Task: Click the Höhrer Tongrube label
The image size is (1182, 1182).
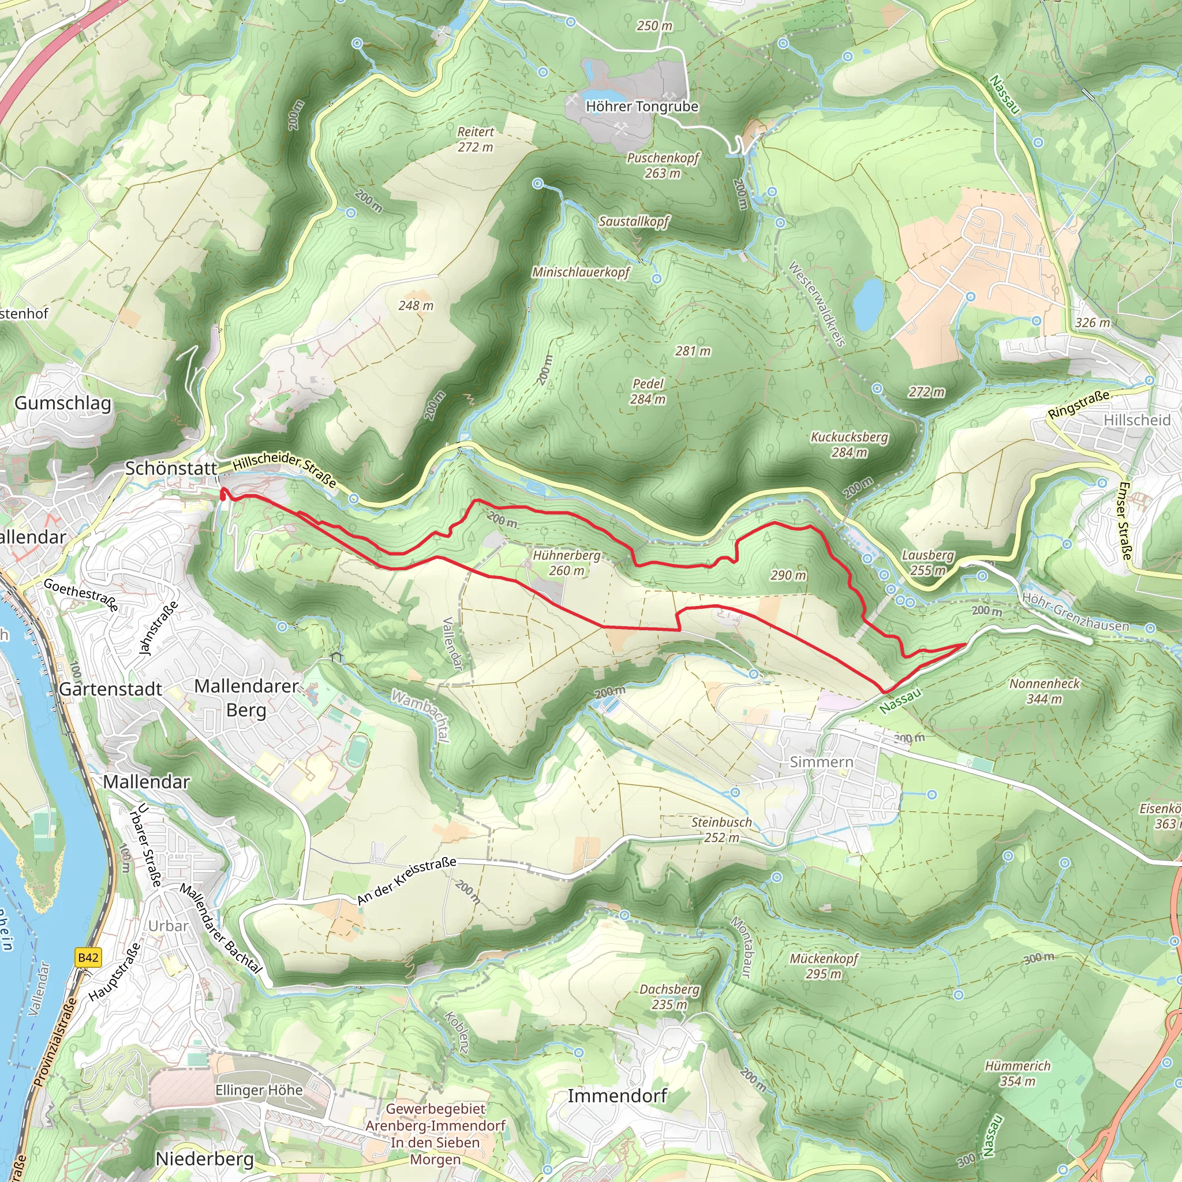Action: coord(642,106)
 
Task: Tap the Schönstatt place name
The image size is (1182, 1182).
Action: coord(171,468)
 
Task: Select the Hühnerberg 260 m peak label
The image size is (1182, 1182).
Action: coord(567,563)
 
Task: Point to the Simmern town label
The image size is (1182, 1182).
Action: coord(821,762)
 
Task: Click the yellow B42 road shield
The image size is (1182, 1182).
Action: coord(88,957)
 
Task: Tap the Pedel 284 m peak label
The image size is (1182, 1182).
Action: coord(648,391)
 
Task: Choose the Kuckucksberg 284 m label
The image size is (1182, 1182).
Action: coord(849,445)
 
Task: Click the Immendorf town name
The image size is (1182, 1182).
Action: coord(617,1096)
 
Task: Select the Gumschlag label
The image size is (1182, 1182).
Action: coord(63,403)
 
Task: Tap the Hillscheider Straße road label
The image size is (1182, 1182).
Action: coord(285,470)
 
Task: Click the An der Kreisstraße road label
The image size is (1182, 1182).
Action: coord(407,881)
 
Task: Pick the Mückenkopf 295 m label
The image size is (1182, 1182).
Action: coord(824,966)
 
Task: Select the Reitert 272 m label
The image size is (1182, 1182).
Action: coord(476,139)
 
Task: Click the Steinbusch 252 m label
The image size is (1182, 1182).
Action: coord(721,829)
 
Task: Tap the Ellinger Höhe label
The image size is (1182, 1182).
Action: coord(259,1090)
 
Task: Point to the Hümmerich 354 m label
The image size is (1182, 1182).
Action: coord(1018,1073)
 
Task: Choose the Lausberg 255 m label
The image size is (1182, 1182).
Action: coord(927,562)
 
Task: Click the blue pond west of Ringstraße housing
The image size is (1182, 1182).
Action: coord(868,304)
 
